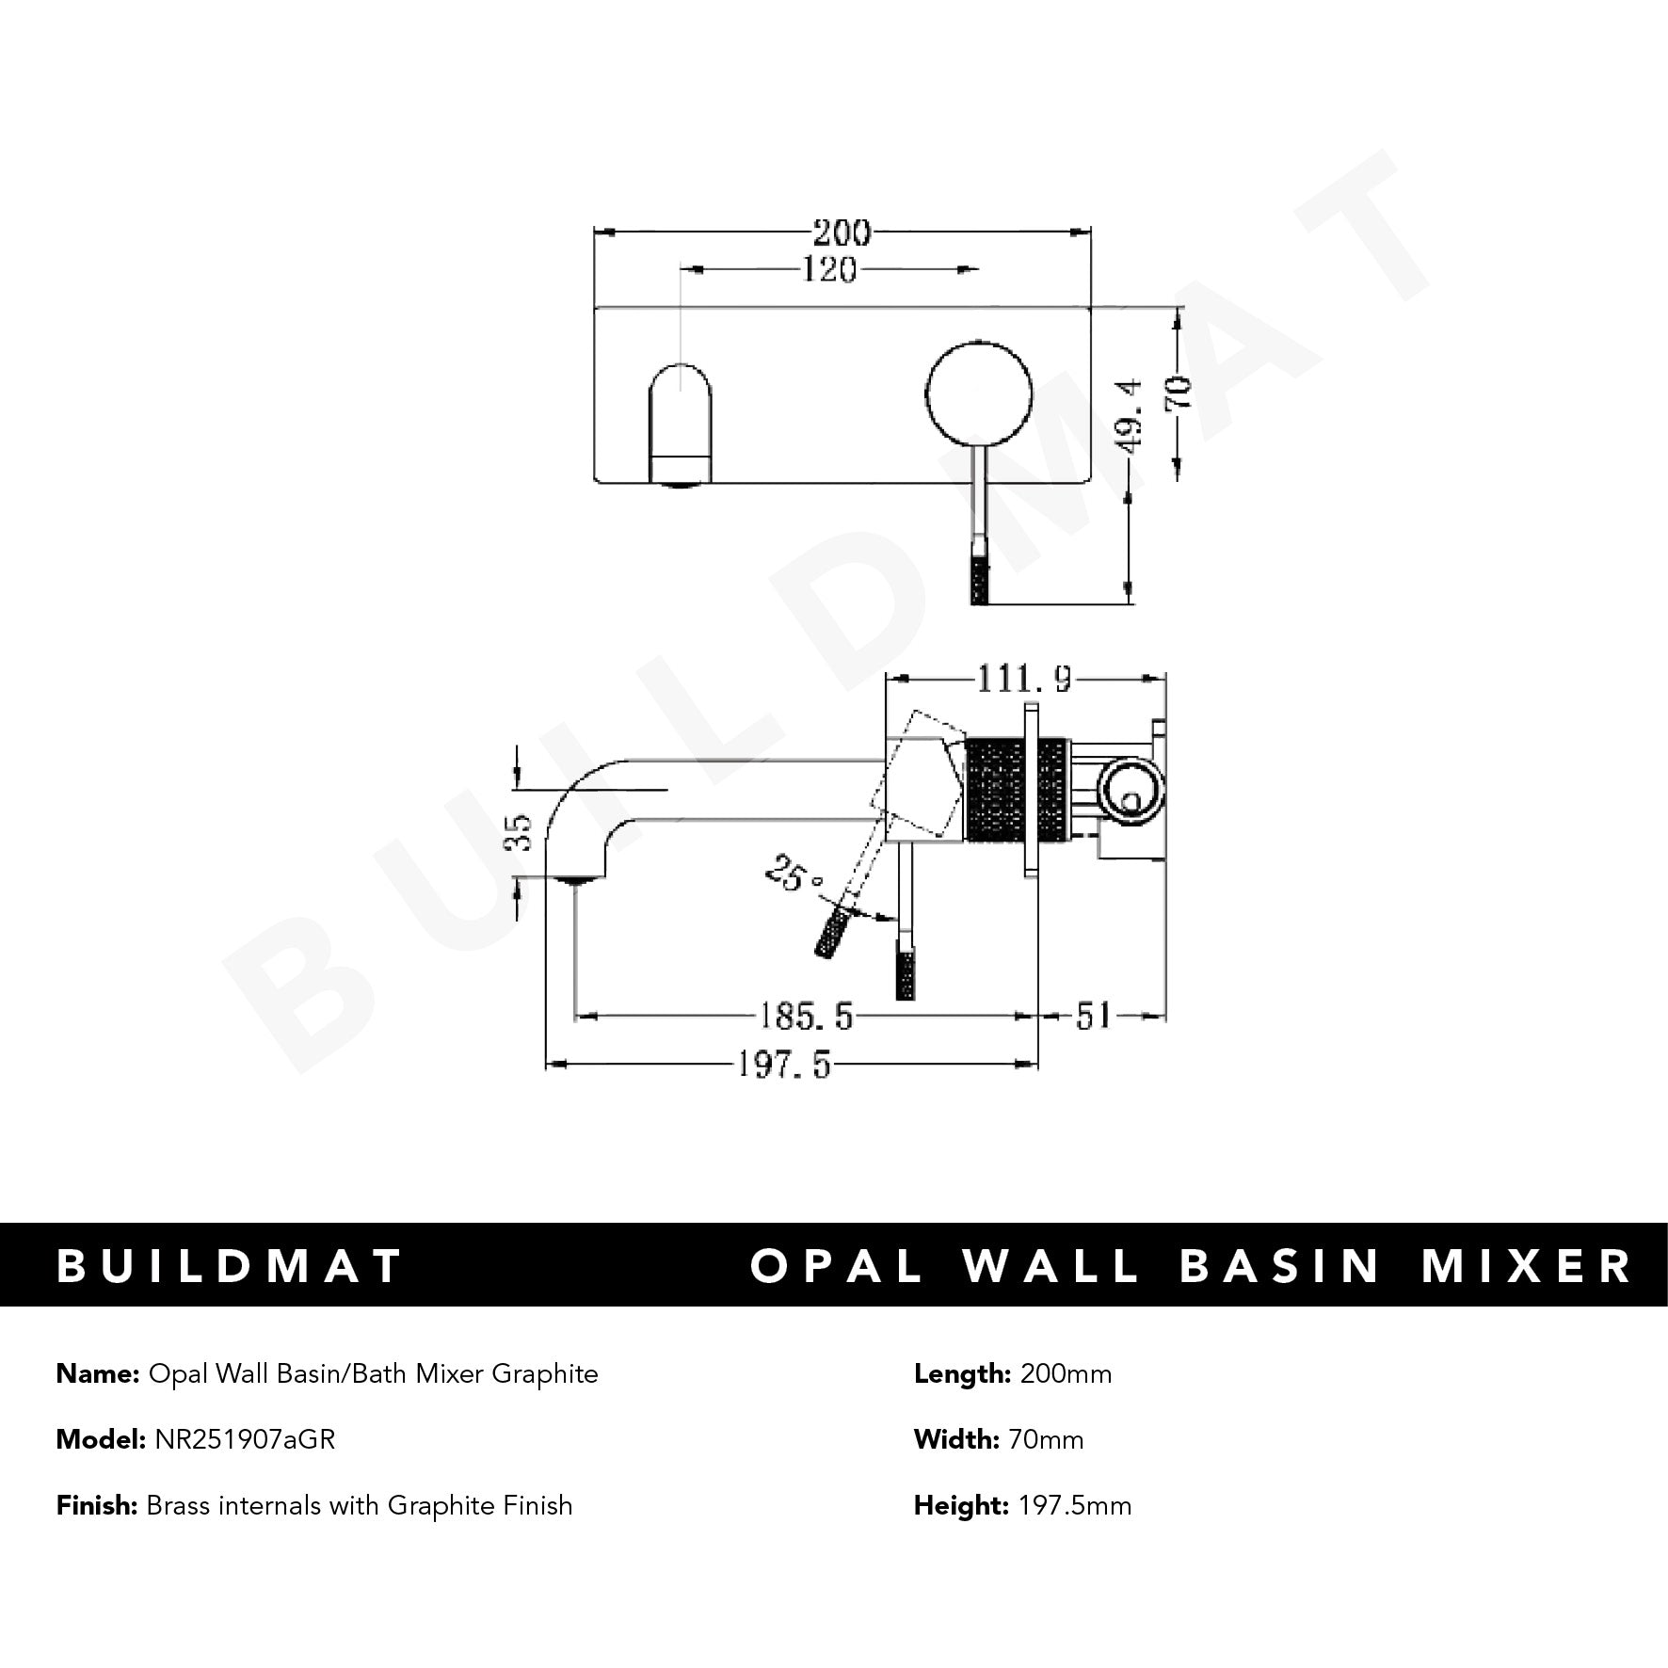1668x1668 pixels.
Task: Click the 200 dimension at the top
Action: [x=842, y=232]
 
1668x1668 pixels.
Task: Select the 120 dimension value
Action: [x=829, y=271]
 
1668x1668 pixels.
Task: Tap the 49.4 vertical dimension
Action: [x=1130, y=415]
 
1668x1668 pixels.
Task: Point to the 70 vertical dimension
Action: [x=1180, y=390]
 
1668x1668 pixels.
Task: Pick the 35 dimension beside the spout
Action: [x=520, y=831]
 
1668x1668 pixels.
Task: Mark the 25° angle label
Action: [x=794, y=874]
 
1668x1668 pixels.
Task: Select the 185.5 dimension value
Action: [x=805, y=1016]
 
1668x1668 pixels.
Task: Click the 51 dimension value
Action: [x=1093, y=1016]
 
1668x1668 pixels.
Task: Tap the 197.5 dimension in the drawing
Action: [x=782, y=1065]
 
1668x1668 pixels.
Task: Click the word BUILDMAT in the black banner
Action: [x=231, y=1266]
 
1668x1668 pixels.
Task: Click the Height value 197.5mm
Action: [x=1075, y=1506]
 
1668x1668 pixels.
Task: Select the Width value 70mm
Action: [x=1045, y=1439]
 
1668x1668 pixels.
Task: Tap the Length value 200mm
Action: [x=1066, y=1374]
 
